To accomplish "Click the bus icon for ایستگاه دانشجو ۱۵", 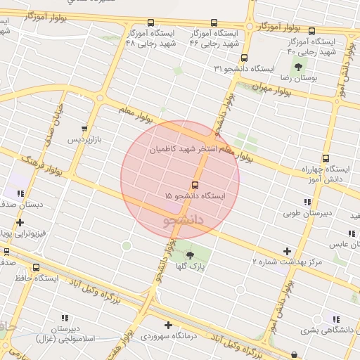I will click(x=195, y=185).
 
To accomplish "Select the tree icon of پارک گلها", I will click(x=189, y=255).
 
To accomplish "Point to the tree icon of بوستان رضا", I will click(x=299, y=67).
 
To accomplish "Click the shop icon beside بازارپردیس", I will click(x=85, y=129).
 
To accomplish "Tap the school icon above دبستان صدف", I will click(x=21, y=193).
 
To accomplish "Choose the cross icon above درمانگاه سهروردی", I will click(x=167, y=325).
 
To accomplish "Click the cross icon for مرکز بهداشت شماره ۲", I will click(x=287, y=251).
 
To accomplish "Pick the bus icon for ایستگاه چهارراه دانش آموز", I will click(x=325, y=159).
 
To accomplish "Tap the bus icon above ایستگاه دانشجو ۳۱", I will click(x=244, y=58).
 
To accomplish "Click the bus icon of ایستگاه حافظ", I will click(x=37, y=267).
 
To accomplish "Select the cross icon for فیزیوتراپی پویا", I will click(x=20, y=223).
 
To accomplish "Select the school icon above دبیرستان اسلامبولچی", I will click(x=65, y=318).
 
